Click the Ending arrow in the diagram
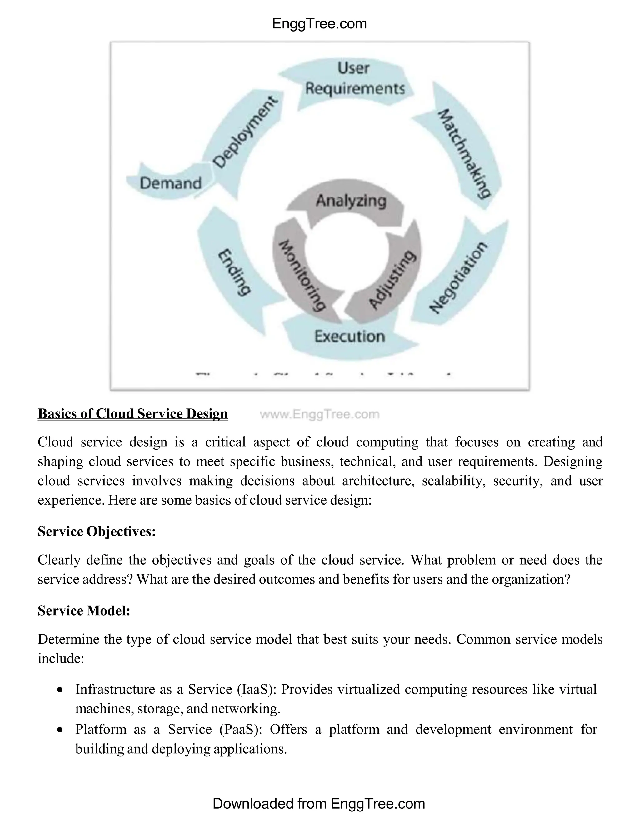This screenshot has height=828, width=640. click(234, 272)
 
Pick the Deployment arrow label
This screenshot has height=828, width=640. click(245, 132)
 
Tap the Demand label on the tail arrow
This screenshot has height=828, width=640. click(171, 183)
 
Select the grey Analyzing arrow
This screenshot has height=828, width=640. click(351, 201)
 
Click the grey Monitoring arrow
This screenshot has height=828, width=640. click(302, 275)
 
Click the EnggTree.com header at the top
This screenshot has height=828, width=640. click(320, 24)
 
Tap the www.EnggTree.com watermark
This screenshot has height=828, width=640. click(320, 414)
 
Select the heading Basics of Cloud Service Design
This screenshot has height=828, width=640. click(133, 414)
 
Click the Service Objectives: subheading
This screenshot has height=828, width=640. click(97, 531)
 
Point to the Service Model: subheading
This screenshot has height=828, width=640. click(84, 611)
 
